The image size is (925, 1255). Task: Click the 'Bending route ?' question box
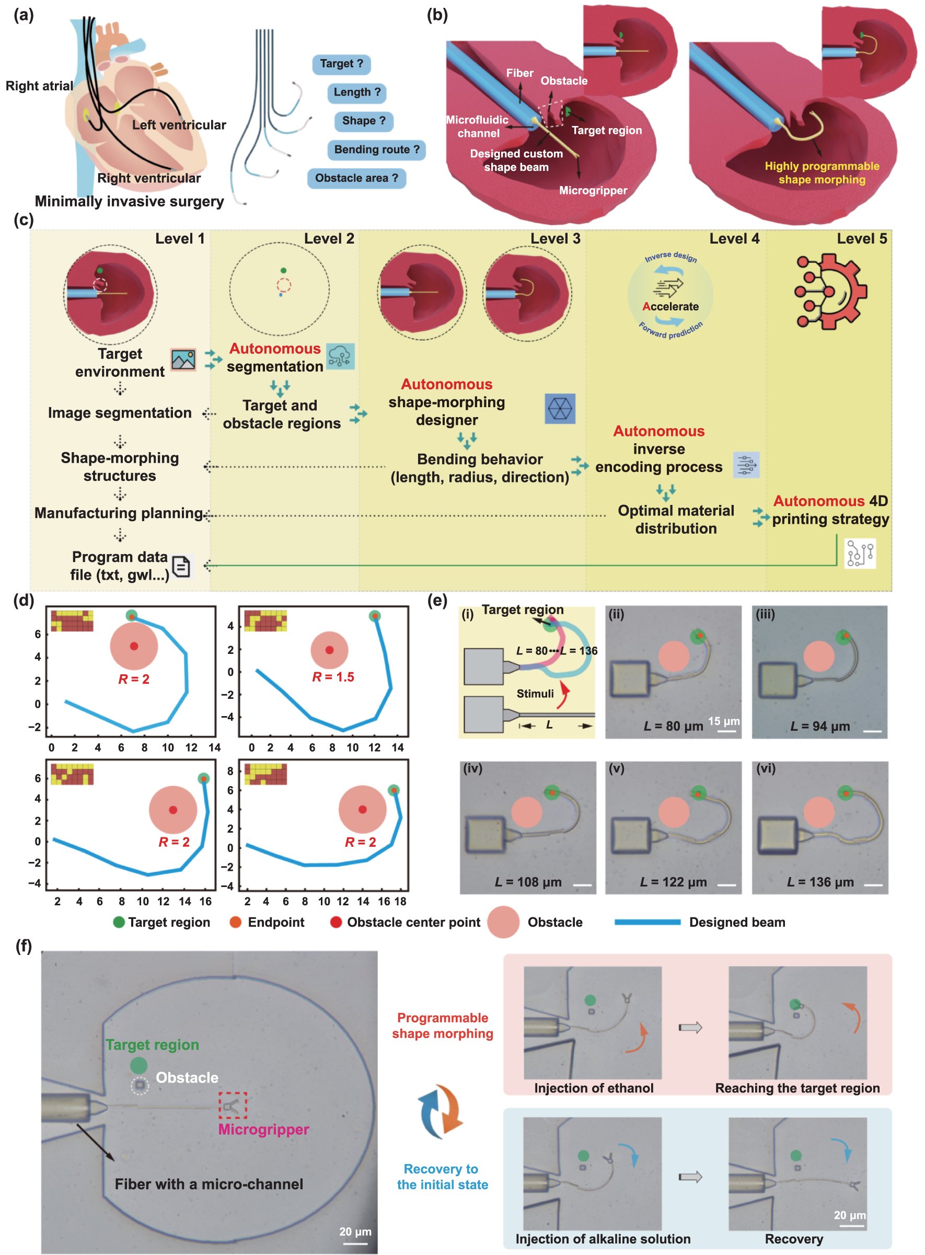point(376,149)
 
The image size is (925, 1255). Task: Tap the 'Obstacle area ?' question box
point(356,178)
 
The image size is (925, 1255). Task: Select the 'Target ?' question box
point(341,64)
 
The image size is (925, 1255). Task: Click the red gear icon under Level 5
point(831,291)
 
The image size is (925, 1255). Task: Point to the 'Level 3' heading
point(555,238)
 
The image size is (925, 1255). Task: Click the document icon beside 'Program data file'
point(181,567)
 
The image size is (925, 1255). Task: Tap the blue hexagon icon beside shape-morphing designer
point(559,408)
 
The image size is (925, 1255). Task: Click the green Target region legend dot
point(119,922)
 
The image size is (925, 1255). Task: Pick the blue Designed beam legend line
point(647,922)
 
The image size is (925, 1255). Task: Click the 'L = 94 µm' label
point(820,727)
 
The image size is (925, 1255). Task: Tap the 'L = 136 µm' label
point(820,882)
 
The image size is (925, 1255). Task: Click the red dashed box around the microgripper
point(233,1105)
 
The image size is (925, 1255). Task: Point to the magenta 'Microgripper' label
point(263,1129)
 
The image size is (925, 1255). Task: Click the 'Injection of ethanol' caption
point(594,1088)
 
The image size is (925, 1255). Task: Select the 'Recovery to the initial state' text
point(442,1177)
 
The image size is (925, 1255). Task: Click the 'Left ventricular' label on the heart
point(179,125)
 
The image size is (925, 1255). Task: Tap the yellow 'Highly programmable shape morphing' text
point(822,172)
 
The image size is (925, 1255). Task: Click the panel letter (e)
point(437,601)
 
